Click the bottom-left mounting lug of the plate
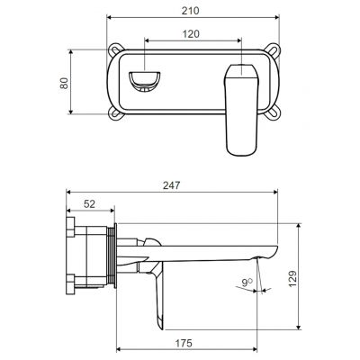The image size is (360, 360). [x=114, y=113]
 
